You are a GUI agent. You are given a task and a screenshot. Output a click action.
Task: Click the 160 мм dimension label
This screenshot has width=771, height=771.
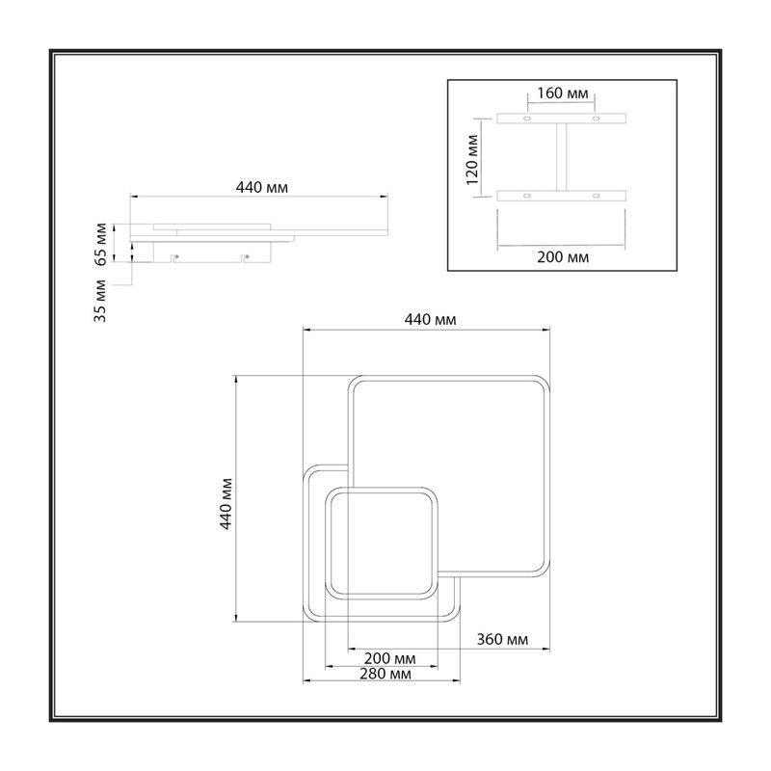562,93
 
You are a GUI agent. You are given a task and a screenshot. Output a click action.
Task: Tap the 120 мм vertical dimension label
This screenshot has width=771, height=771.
472,159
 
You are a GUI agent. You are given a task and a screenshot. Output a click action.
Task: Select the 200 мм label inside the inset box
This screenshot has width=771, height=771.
563,257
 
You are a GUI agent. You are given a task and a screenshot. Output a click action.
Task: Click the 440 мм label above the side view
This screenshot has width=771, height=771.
261,187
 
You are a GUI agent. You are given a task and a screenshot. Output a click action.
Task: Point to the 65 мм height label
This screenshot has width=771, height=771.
100,244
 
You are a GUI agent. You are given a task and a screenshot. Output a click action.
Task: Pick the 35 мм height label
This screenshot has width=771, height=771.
100,301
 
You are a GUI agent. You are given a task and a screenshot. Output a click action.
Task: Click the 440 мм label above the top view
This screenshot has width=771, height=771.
430,320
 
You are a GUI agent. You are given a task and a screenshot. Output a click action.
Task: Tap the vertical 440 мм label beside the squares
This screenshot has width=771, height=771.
226,503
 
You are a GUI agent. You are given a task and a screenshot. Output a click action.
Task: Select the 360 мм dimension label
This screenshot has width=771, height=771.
502,639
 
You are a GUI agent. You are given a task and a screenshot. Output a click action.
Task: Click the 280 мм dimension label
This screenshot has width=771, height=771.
385,674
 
